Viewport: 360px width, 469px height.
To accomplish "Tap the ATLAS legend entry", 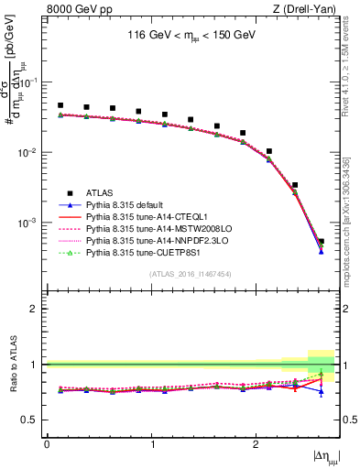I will point(100,192).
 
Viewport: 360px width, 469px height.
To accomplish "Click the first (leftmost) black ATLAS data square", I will point(60,105).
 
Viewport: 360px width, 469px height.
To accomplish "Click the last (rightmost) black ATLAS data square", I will point(321,242).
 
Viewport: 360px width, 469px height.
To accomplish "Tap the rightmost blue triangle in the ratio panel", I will point(321,391).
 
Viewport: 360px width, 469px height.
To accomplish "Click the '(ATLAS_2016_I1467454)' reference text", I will point(192,274).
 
